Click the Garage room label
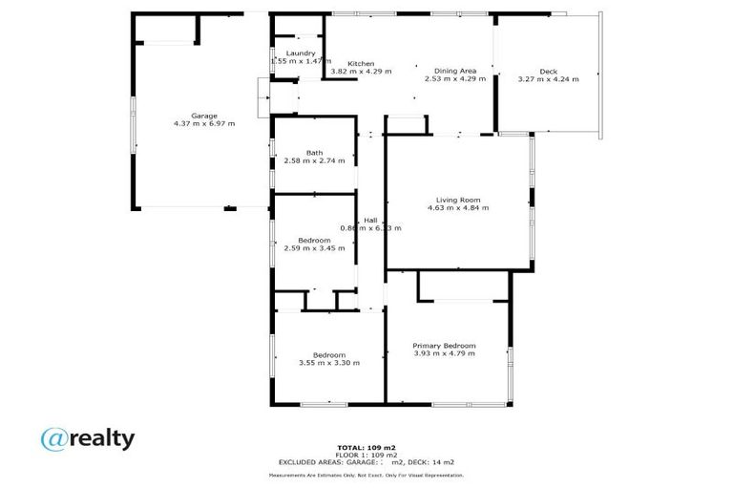[204, 115]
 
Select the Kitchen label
[361, 63]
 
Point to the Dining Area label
[455, 71]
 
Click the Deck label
[548, 71]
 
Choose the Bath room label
[314, 153]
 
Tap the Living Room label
[457, 199]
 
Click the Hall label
[370, 220]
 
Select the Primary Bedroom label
[444, 345]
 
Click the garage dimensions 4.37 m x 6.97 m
[204, 123]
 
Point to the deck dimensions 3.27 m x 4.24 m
[548, 79]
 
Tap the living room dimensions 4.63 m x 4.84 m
[457, 207]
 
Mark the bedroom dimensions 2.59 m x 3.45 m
[314, 247]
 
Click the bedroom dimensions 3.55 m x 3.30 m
[329, 363]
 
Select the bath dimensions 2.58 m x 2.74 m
[314, 161]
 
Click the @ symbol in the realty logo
[53, 438]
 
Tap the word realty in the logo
[101, 438]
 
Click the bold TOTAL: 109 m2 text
[366, 447]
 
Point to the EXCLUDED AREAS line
[366, 461]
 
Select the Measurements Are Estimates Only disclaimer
[366, 475]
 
